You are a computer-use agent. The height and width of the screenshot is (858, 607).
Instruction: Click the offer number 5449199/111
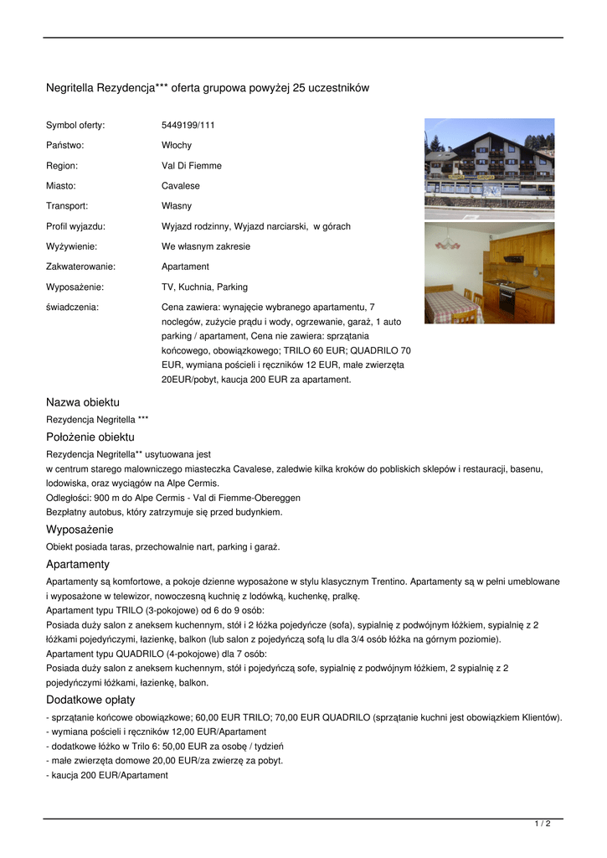tap(188, 125)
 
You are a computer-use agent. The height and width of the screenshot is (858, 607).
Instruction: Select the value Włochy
tap(176, 145)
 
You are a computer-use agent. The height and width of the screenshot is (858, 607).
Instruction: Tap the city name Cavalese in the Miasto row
tap(180, 185)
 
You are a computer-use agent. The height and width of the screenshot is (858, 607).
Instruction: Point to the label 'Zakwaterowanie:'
tap(80, 266)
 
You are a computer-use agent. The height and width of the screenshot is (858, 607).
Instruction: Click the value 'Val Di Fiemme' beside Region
tap(191, 165)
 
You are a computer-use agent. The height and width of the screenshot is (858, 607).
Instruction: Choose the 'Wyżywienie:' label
tap(71, 246)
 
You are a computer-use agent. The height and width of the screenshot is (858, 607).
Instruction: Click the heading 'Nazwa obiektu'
tap(82, 402)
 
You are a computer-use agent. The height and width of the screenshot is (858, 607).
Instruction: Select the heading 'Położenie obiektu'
tap(90, 437)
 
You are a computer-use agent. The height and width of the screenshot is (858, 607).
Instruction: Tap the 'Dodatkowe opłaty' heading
tap(90, 700)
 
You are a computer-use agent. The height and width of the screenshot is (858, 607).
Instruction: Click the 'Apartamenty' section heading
tap(78, 564)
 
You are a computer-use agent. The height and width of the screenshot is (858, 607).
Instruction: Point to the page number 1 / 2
tap(543, 824)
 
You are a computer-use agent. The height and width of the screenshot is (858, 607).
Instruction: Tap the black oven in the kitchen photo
tap(507, 299)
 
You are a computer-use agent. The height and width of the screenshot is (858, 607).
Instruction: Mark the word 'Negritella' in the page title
tap(70, 88)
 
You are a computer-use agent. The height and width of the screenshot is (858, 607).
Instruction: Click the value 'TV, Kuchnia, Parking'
tap(204, 287)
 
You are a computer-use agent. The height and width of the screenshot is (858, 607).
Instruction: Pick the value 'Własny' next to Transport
tap(176, 205)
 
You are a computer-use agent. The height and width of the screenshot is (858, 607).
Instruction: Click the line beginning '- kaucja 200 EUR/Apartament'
tap(107, 775)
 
